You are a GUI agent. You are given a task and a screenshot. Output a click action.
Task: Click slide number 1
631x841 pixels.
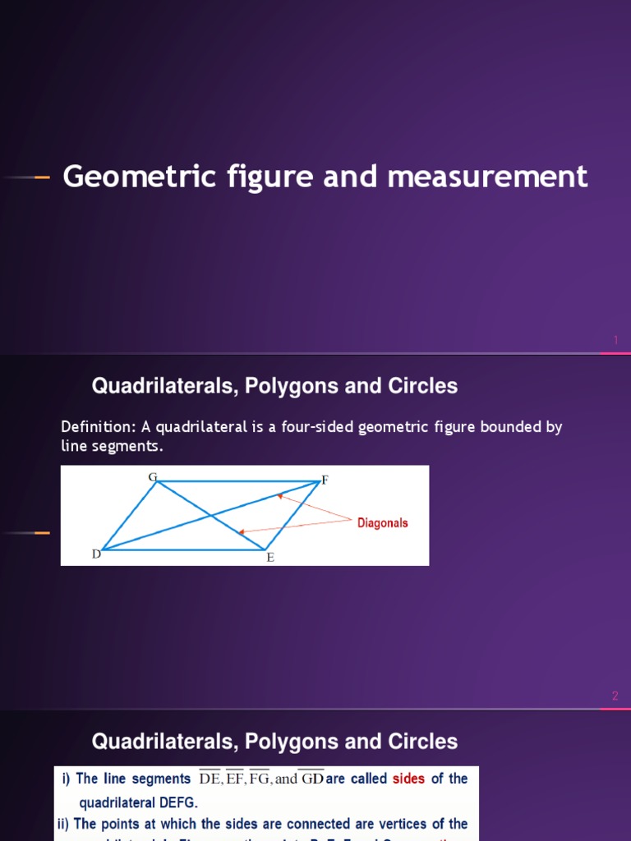tap(615, 340)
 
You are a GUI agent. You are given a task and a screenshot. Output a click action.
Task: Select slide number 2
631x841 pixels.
tap(615, 696)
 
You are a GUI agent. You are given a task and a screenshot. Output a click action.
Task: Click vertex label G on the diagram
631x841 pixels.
tap(152, 477)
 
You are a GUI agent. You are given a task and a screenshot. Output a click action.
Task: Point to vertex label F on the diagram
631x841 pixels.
tap(325, 480)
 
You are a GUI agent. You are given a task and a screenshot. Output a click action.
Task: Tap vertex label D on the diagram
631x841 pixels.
tap(96, 554)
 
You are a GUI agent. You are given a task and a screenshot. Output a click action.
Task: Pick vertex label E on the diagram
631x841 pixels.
tap(269, 558)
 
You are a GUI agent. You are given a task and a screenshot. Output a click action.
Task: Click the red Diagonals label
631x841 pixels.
tap(382, 523)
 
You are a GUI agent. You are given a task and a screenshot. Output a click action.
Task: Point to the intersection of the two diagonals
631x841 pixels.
tap(211, 516)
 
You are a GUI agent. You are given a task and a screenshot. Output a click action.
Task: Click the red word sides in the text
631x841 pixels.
tap(408, 779)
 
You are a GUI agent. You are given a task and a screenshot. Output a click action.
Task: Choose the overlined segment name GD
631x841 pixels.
tap(311, 779)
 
